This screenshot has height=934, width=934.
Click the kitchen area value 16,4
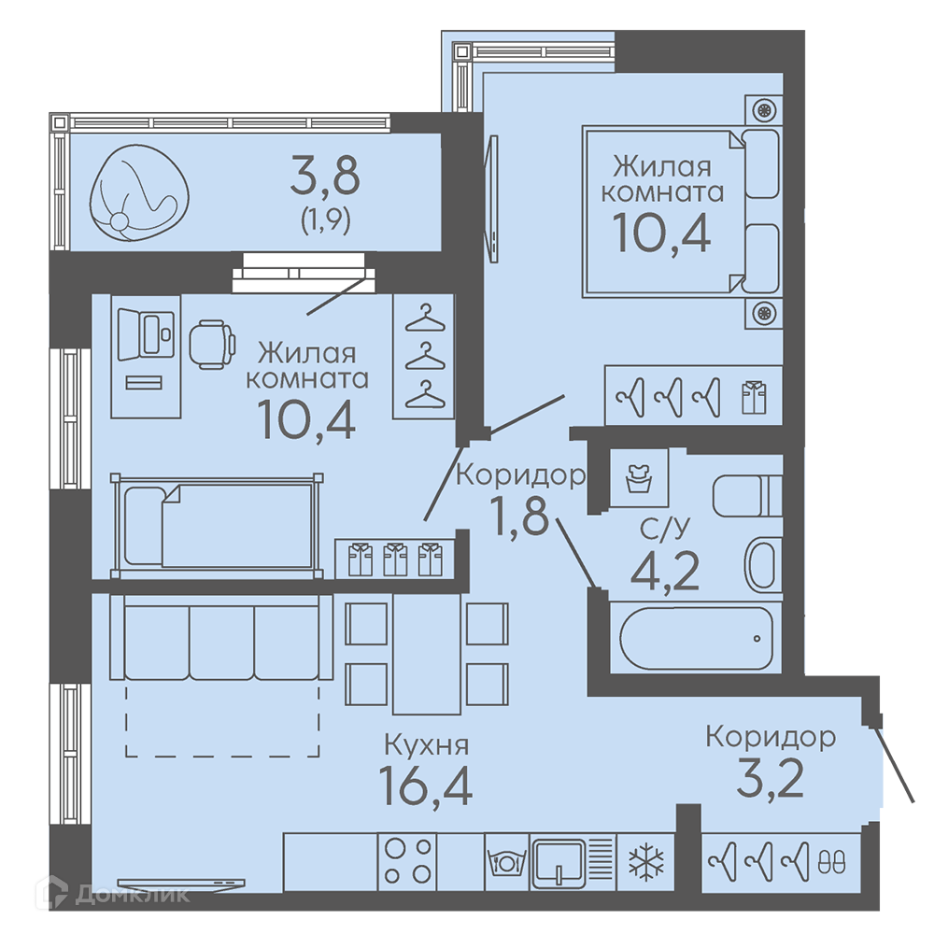coord(425,785)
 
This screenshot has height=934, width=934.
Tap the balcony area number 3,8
coord(325,176)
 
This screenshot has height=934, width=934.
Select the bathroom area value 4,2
coord(665,572)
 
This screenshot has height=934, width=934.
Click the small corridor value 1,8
coord(518,516)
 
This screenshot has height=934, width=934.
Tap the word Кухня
coord(427,744)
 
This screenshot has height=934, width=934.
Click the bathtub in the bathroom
coord(697,638)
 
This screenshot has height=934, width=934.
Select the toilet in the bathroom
coord(747,496)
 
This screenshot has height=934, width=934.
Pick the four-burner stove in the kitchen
coord(407,861)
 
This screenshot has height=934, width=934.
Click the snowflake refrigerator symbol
coord(646,862)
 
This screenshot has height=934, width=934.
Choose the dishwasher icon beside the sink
coord(506,862)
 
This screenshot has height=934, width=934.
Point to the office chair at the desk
coord(212,345)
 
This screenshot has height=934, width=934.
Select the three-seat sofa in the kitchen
coord(221,637)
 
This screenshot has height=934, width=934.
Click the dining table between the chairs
coord(427,654)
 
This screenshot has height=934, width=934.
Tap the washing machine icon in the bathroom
coord(639,477)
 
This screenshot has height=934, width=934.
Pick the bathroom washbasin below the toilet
coord(763,565)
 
